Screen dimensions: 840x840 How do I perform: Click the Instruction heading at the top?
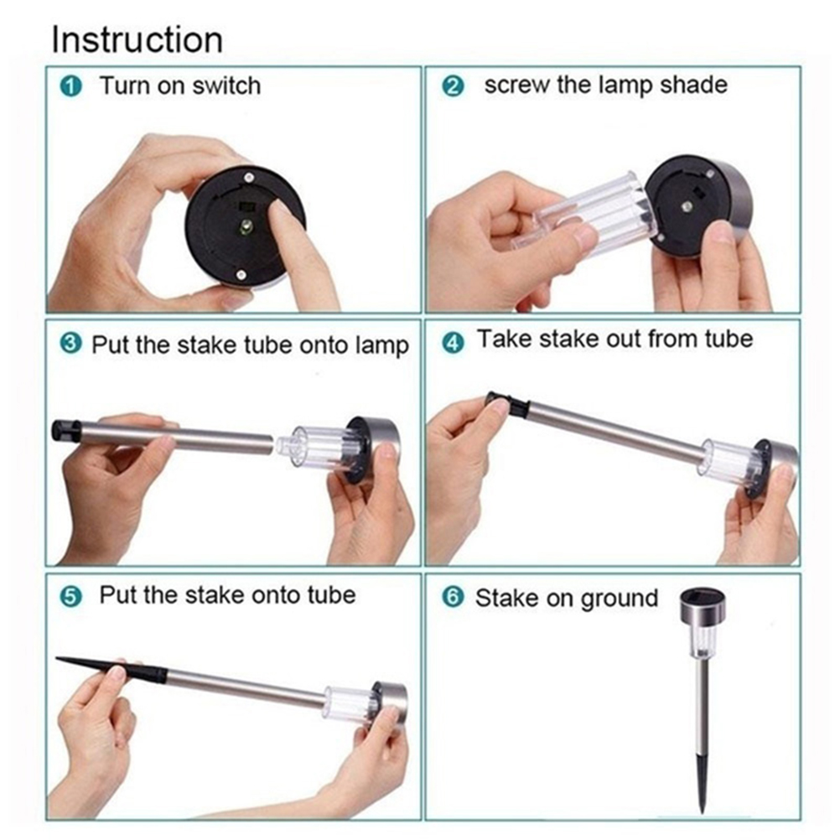point(137,39)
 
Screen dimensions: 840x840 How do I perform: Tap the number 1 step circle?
point(70,86)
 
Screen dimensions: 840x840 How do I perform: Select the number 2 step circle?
point(453,86)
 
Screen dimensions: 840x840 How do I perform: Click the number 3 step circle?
point(70,344)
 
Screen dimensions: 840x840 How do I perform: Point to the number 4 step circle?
point(453,342)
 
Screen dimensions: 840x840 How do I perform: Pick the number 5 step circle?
point(70,596)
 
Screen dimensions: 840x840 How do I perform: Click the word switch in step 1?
point(226,86)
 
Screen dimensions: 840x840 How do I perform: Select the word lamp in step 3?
point(381,346)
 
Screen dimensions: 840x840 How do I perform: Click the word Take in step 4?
point(504,339)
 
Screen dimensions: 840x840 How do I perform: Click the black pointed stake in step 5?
point(111,667)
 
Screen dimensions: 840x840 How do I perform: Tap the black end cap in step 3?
point(66,431)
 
